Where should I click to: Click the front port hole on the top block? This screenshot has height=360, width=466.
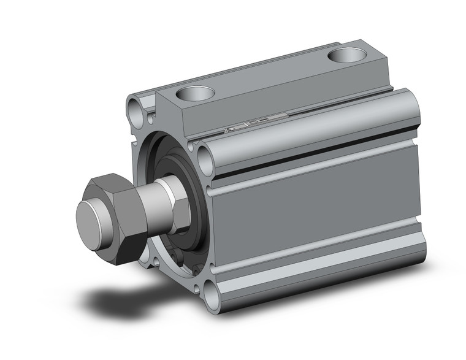pos(195,93)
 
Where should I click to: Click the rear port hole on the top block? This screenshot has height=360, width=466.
pos(346,56)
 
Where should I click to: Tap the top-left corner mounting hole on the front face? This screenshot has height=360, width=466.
pos(136,111)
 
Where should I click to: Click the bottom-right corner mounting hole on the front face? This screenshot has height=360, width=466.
pos(212,299)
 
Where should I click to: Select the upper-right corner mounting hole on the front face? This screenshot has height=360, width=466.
pos(204,161)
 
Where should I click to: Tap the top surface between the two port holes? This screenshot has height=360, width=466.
pos(270,77)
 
